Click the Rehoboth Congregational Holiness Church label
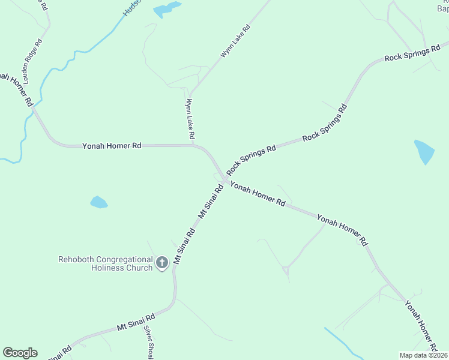click(x=105, y=263)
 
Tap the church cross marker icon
click(x=161, y=262)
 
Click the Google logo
click(x=20, y=353)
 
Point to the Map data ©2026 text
click(x=423, y=355)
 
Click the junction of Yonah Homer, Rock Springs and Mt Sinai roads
click(x=224, y=180)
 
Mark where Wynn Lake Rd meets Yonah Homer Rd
click(x=193, y=145)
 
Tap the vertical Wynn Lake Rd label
click(x=190, y=120)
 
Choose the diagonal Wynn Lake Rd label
click(x=235, y=41)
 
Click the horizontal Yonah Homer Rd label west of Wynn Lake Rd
click(x=112, y=145)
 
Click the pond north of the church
click(x=98, y=202)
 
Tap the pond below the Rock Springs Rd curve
click(x=424, y=151)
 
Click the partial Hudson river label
click(x=131, y=8)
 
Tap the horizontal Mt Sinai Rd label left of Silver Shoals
click(x=136, y=322)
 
